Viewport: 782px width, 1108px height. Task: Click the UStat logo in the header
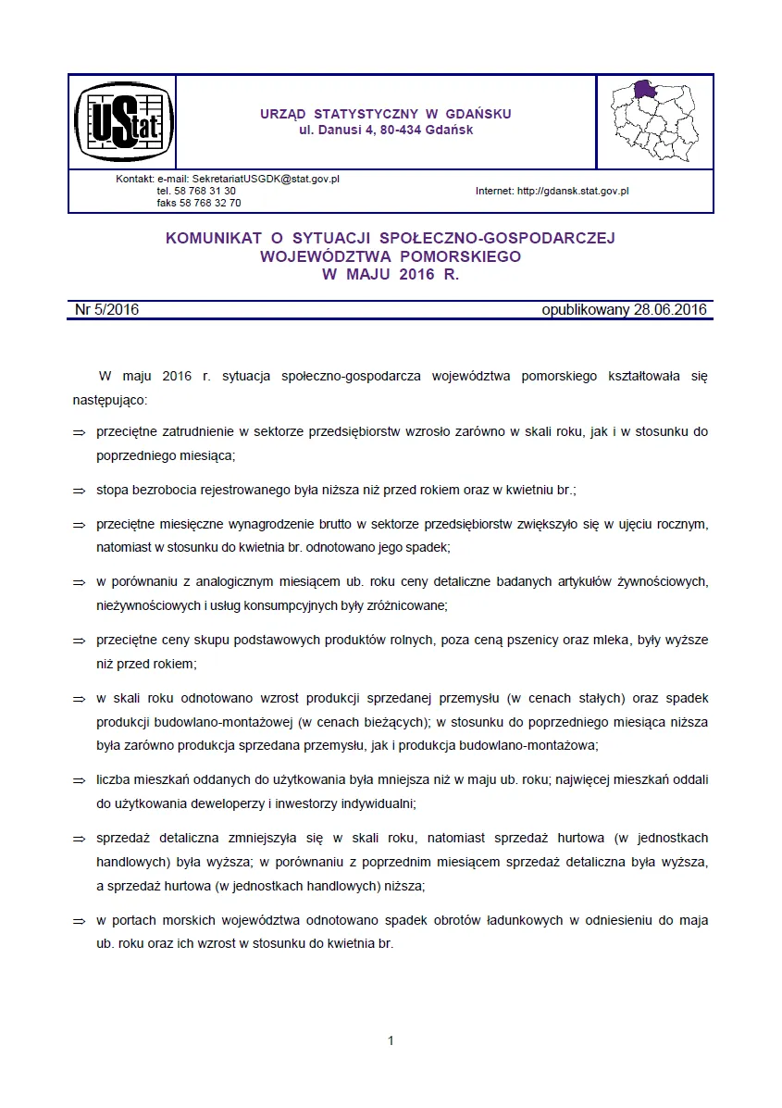(x=122, y=121)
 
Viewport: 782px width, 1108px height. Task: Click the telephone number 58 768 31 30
(x=208, y=191)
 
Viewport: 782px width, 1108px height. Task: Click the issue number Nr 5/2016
(x=106, y=310)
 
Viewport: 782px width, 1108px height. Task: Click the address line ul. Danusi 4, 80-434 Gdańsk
(x=386, y=131)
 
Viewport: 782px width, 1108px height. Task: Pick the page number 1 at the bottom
(x=391, y=1040)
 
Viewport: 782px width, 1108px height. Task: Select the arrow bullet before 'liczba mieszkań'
(x=79, y=781)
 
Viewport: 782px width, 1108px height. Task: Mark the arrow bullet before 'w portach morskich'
(x=79, y=922)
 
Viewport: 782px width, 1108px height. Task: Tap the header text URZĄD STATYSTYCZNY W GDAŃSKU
(x=386, y=114)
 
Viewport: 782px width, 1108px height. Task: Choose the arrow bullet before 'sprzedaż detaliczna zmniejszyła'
(x=79, y=839)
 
